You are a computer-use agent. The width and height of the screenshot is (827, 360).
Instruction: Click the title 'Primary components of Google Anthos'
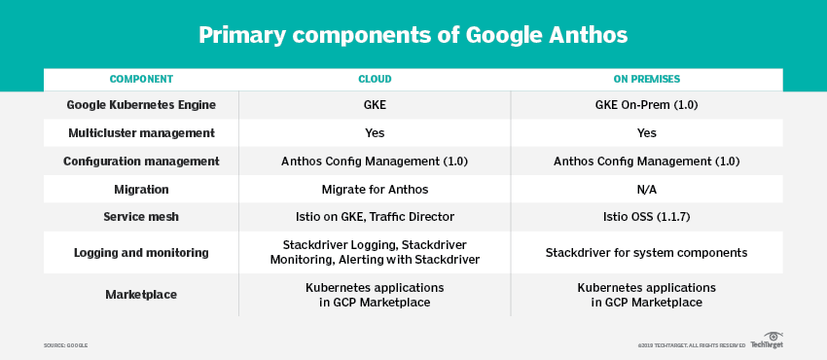pos(413,35)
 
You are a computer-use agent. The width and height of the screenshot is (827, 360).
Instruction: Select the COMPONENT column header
pos(141,79)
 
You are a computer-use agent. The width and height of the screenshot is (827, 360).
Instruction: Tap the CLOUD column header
pos(375,79)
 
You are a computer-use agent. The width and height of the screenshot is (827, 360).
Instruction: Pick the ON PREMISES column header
pos(647,79)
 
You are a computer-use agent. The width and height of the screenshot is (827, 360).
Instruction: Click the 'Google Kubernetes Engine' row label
pos(141,105)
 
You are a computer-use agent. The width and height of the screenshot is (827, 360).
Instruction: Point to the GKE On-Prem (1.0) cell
pos(647,105)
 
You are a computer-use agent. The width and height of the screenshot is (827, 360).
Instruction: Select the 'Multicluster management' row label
pos(141,133)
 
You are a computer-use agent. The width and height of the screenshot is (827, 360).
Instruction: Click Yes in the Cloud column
pos(375,133)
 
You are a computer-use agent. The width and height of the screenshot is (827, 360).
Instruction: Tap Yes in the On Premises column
pos(647,133)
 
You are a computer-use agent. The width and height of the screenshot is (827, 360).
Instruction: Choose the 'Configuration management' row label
pos(141,162)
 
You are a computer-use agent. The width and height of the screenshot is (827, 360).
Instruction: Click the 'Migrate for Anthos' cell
pos(375,189)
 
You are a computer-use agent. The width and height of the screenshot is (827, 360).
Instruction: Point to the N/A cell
pos(647,189)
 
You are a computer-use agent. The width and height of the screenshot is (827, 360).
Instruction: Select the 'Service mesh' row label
pos(141,217)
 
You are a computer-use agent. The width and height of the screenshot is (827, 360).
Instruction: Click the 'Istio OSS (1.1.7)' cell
pos(647,217)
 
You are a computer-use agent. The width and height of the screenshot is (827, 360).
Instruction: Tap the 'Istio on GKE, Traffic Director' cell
pos(375,217)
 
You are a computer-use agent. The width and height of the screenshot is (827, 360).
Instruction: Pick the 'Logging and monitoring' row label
pos(141,252)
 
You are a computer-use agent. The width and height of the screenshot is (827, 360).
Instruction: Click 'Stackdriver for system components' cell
pos(647,252)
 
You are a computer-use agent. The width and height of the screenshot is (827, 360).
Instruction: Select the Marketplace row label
pos(141,294)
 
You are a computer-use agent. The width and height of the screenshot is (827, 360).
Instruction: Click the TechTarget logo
pos(768,341)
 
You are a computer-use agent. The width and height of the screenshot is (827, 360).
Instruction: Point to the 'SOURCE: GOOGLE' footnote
pos(65,345)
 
